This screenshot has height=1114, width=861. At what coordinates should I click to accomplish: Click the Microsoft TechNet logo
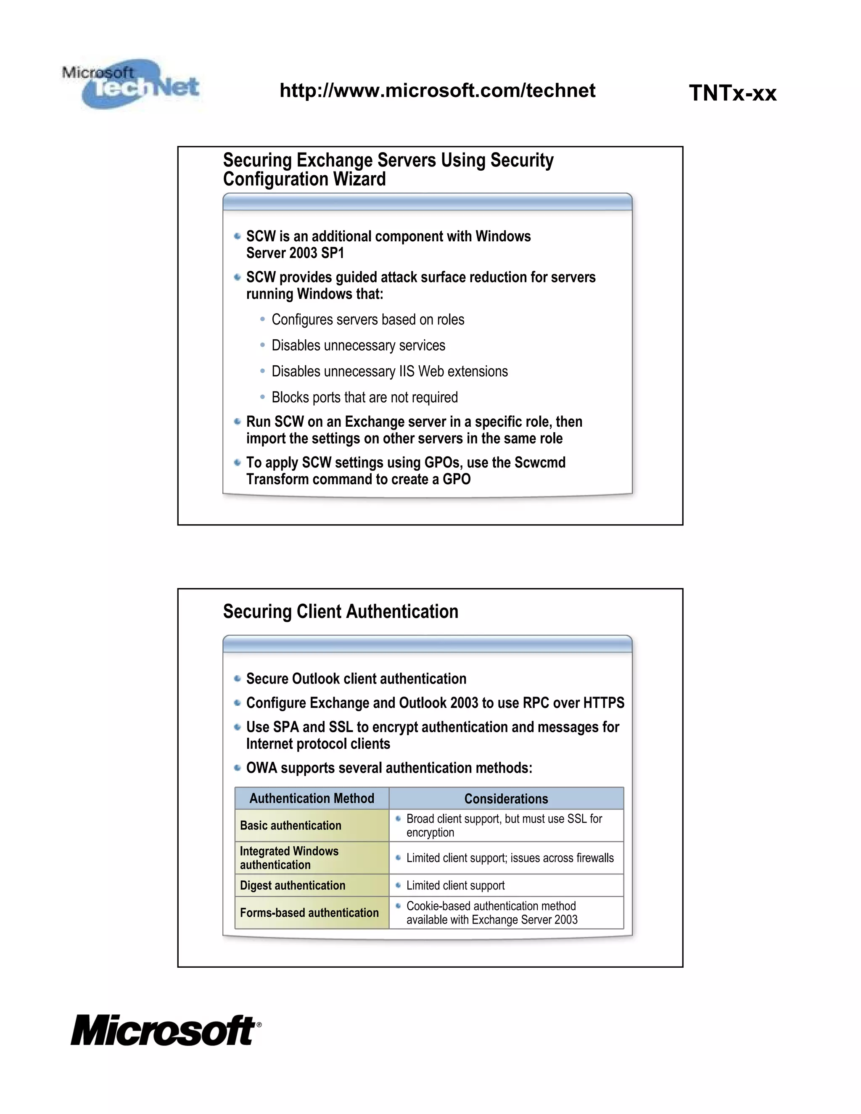pyautogui.click(x=132, y=84)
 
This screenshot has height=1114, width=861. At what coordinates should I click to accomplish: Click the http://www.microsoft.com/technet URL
pyautogui.click(x=437, y=91)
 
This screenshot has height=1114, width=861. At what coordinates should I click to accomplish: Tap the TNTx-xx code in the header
pyautogui.click(x=732, y=93)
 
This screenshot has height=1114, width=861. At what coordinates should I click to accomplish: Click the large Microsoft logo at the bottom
pyautogui.click(x=165, y=1030)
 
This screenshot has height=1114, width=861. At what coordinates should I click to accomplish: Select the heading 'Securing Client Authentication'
pyautogui.click(x=340, y=612)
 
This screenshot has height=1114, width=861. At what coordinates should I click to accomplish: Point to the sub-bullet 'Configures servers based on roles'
pyautogui.click(x=368, y=320)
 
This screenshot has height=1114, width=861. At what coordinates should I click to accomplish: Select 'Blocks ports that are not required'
pyautogui.click(x=364, y=397)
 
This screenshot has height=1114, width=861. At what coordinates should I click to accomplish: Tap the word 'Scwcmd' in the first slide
pyautogui.click(x=540, y=463)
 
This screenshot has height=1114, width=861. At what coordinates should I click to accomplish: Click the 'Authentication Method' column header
pyautogui.click(x=312, y=798)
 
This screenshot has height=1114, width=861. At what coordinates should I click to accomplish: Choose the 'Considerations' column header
pyautogui.click(x=506, y=799)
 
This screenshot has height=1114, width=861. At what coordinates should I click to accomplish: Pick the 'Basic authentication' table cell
pyautogui.click(x=290, y=825)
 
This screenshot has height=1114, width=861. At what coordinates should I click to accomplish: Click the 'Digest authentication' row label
pyautogui.click(x=292, y=885)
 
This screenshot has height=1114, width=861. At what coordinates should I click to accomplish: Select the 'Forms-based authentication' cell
pyautogui.click(x=309, y=913)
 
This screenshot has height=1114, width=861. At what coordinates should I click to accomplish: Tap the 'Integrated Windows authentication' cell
pyautogui.click(x=289, y=858)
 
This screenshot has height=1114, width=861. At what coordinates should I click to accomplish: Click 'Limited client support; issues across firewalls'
pyautogui.click(x=510, y=858)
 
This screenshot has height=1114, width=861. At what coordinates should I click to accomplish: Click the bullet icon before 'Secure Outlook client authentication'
pyautogui.click(x=237, y=678)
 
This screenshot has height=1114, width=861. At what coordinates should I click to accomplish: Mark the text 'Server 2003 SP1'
pyautogui.click(x=295, y=253)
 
